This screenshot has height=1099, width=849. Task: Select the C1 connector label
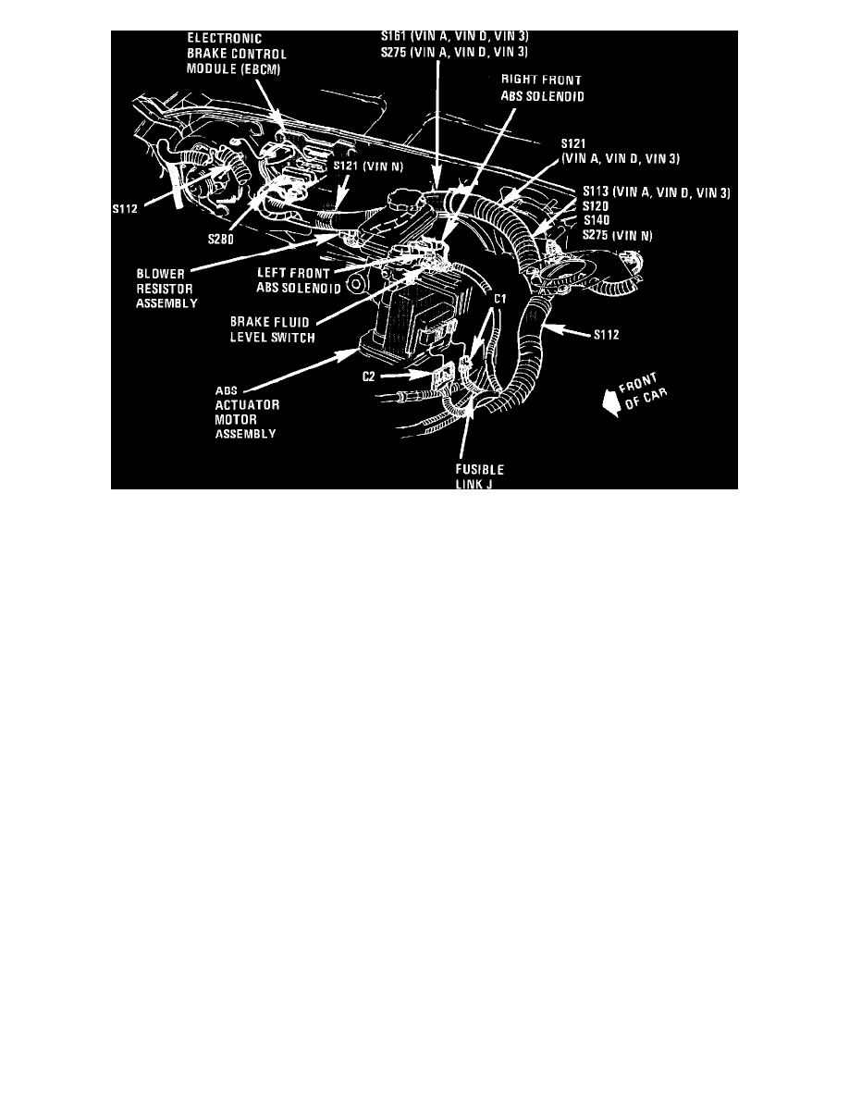[x=499, y=299]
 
